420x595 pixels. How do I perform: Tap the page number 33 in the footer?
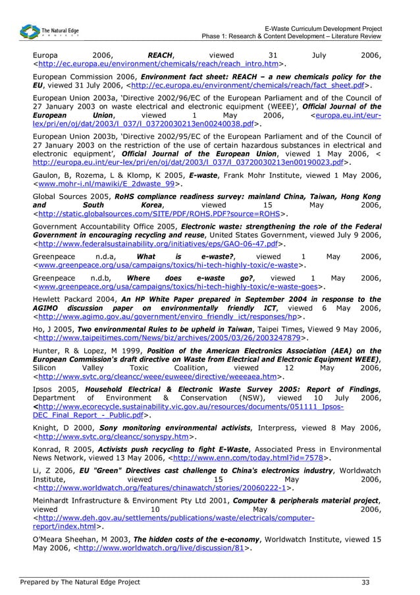coord(365,582)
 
